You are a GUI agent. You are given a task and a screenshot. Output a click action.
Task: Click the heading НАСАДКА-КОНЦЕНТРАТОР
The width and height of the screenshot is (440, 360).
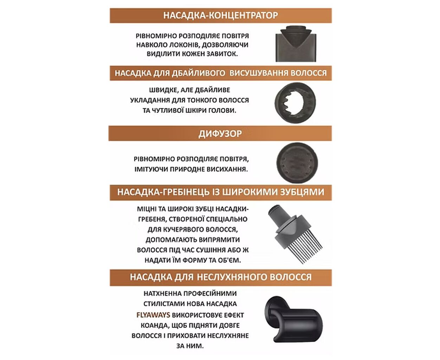[220, 15]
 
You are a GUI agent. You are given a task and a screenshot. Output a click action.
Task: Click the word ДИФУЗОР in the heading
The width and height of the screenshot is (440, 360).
[220, 134]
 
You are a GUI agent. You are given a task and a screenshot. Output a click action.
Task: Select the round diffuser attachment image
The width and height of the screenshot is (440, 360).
[297, 163]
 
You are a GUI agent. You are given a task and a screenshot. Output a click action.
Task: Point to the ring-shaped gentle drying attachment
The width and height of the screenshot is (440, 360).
[278, 103]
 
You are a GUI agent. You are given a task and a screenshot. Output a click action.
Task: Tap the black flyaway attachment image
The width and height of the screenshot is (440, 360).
[293, 319]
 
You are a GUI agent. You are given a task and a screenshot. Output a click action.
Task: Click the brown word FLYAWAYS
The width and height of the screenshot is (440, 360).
[153, 315]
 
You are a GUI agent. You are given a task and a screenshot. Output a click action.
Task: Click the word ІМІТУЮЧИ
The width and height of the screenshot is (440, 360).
[151, 169]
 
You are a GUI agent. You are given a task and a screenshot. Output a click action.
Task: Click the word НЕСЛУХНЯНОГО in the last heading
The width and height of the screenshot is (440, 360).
[232, 277]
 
